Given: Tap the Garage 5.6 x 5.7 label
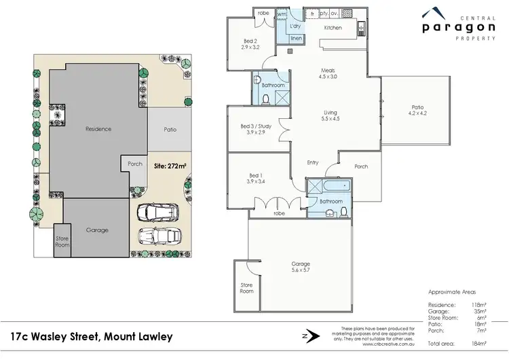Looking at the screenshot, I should (301, 267).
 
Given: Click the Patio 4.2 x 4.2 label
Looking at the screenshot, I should (417, 110).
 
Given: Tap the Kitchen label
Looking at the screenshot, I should (333, 28).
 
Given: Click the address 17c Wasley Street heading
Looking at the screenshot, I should (92, 336).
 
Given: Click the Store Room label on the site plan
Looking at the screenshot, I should (62, 240).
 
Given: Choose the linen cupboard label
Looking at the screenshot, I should (296, 39).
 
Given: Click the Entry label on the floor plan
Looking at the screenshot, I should (312, 162).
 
